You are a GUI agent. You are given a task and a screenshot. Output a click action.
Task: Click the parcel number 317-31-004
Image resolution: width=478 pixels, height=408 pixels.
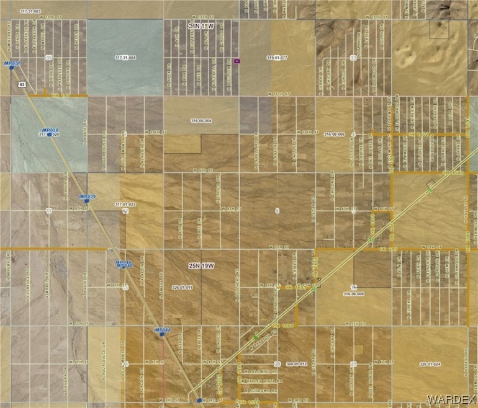tap(126, 57)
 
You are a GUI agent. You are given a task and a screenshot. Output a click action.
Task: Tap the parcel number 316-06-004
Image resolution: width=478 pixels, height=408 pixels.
tap(201, 121)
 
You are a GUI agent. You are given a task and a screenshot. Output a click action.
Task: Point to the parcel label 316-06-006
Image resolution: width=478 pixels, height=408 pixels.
tap(334, 134)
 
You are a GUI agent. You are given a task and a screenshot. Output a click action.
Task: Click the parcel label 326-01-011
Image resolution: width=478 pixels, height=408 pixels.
tap(183, 287)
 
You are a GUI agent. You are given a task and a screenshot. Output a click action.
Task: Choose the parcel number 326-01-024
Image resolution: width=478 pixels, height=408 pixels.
tap(429, 365)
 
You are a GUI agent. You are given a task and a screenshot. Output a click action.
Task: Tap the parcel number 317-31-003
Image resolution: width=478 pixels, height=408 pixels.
tap(30, 12)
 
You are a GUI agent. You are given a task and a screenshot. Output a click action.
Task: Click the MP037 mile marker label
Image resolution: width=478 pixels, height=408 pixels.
tap(12, 63)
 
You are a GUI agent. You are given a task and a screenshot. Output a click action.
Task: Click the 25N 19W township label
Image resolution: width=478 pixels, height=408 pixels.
tap(201, 265)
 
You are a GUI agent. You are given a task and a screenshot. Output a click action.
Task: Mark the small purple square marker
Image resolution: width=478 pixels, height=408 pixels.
tap(237, 61)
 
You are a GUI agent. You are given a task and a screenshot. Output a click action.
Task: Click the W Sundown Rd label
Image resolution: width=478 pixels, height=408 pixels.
tap(264, 391)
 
